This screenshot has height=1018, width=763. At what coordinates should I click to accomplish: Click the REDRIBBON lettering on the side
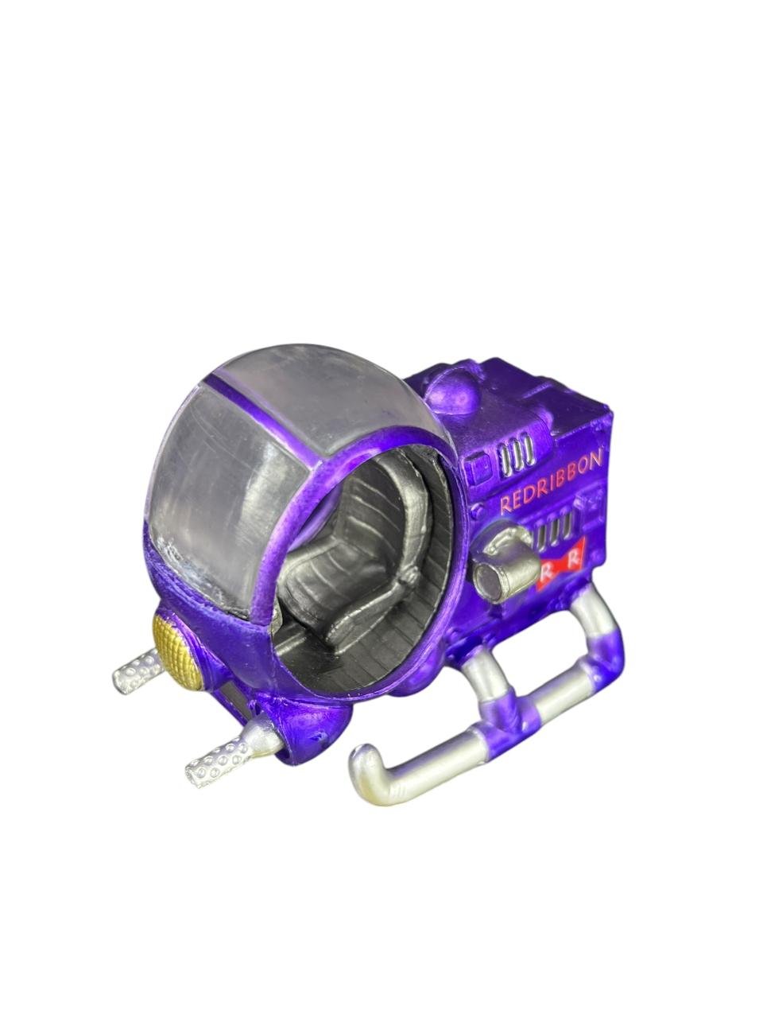(x=551, y=484)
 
